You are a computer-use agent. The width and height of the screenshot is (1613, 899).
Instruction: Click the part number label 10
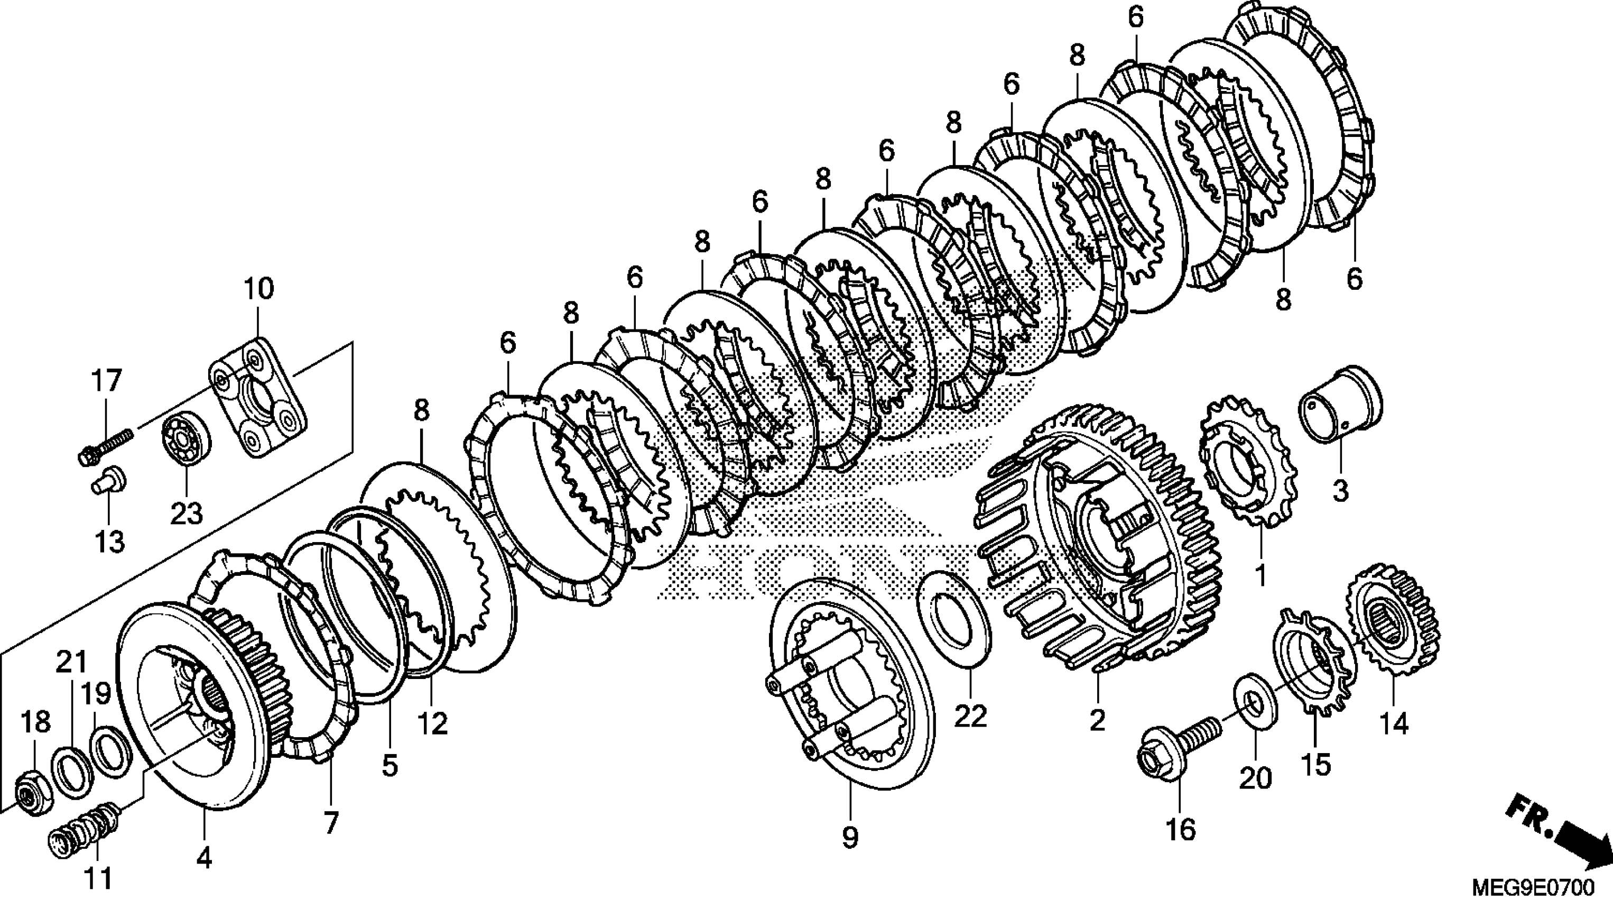pyautogui.click(x=258, y=289)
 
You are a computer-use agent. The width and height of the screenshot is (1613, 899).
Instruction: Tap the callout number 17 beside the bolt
pyautogui.click(x=106, y=381)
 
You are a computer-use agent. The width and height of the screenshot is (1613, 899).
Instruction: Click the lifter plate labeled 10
pyautogui.click(x=257, y=398)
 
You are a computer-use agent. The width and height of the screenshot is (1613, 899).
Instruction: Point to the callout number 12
pyautogui.click(x=432, y=723)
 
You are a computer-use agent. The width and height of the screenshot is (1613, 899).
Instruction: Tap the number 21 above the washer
pyautogui.click(x=71, y=662)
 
